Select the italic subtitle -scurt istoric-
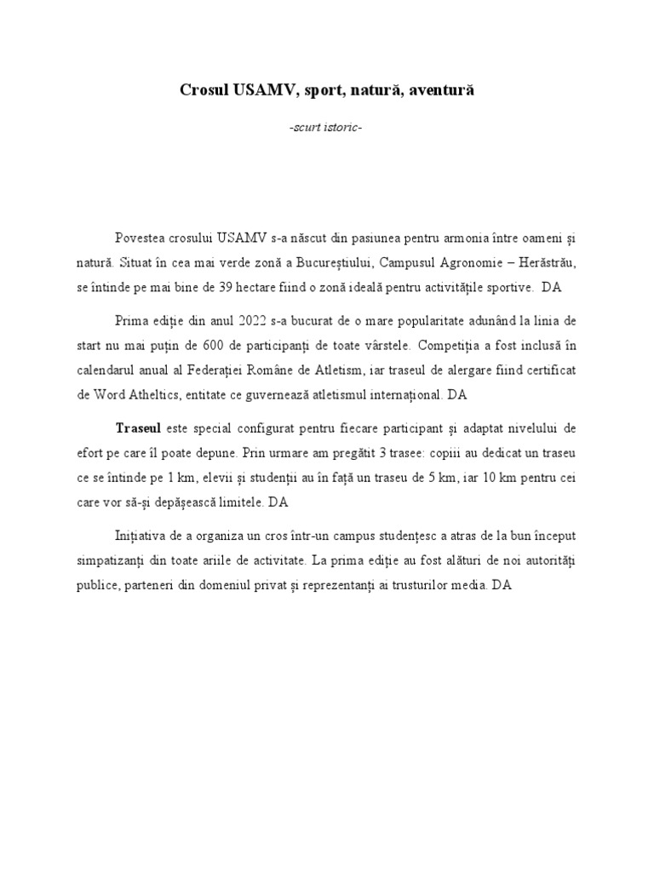point(326,127)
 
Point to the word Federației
point(260,372)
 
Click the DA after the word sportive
point(552,287)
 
